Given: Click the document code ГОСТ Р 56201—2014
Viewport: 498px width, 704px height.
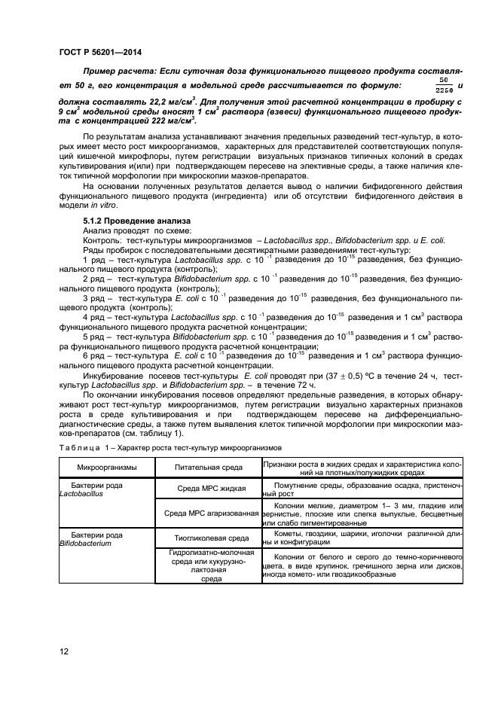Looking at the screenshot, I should (x=100, y=52).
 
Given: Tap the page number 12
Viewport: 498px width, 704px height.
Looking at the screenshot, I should (x=64, y=651).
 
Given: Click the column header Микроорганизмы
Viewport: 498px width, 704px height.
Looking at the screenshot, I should (x=104, y=468).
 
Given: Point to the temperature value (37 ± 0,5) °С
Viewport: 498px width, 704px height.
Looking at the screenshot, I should (x=331, y=375).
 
